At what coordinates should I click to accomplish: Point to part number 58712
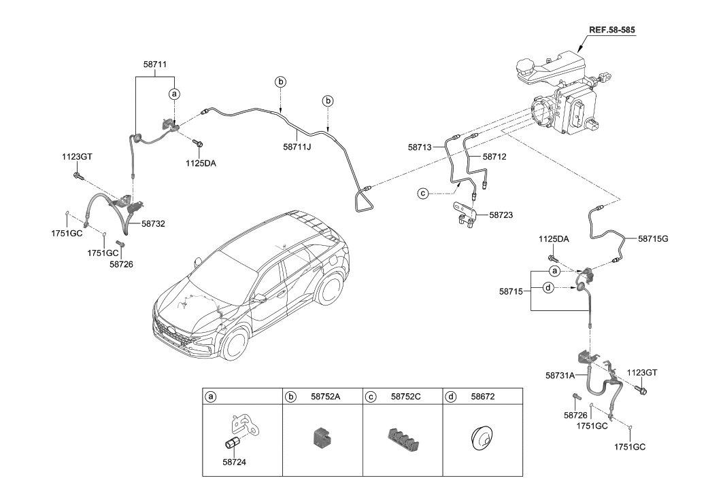[495, 156]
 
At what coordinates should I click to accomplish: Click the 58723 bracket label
[500, 215]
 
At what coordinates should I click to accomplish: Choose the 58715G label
[653, 238]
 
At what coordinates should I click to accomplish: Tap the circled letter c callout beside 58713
[422, 194]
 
